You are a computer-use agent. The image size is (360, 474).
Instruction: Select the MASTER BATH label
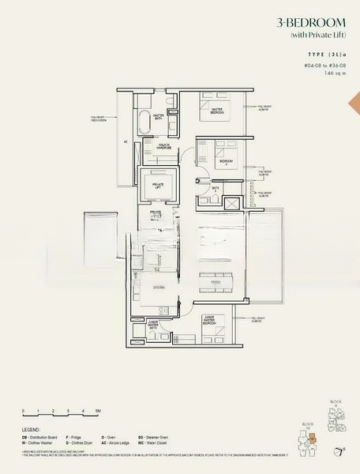pos(158,118)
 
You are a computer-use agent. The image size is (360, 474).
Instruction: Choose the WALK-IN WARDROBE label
pos(158,147)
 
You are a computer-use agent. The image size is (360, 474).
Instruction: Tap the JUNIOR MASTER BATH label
pos(157,324)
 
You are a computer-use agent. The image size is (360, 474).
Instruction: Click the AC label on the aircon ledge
pos(125,143)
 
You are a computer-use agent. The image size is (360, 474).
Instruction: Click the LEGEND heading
pos(32,431)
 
